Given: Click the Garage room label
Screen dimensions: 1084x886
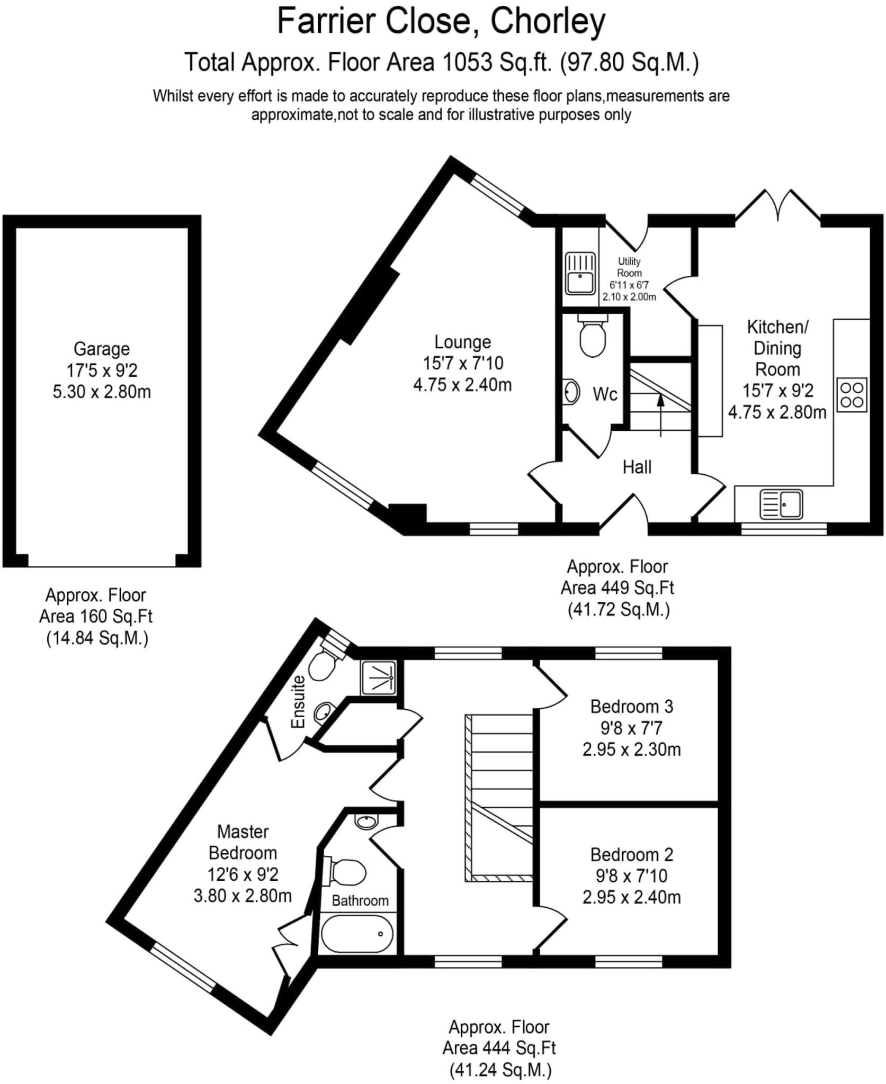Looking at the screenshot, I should coord(101,349).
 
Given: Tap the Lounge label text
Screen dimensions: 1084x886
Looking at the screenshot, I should coord(462,342).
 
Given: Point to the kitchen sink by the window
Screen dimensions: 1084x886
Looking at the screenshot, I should coord(782,503).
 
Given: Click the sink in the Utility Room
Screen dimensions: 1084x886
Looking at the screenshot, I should coord(580,273).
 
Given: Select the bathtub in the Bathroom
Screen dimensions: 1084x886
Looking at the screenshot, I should coord(357,934).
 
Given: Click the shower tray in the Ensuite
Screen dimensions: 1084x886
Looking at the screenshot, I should coord(378,677).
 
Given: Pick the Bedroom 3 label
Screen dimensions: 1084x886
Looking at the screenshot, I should coord(631,707).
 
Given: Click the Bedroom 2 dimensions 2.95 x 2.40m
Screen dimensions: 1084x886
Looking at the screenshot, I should coord(631,898).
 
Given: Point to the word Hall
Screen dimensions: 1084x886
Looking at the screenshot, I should coord(637,467).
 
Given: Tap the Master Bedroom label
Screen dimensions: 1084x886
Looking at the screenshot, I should coord(243,842).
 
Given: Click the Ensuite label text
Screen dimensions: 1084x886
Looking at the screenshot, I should coord(299,701).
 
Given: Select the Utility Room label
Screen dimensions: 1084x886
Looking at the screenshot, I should coord(629,267).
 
